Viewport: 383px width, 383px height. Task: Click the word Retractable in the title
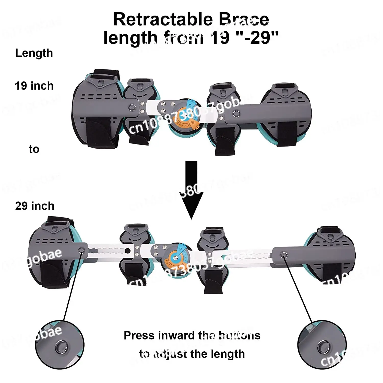[x=163, y=20]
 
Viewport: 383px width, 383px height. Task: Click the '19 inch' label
[x=34, y=86]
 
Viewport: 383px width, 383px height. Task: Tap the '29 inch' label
[x=35, y=206]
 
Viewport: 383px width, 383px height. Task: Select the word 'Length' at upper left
[x=34, y=53]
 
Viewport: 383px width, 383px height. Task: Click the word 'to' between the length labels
[x=34, y=149]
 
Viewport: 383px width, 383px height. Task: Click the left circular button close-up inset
[x=59, y=345]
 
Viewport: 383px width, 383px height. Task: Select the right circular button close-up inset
[x=322, y=348]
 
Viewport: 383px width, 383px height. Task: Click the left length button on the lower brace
[x=82, y=250]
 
